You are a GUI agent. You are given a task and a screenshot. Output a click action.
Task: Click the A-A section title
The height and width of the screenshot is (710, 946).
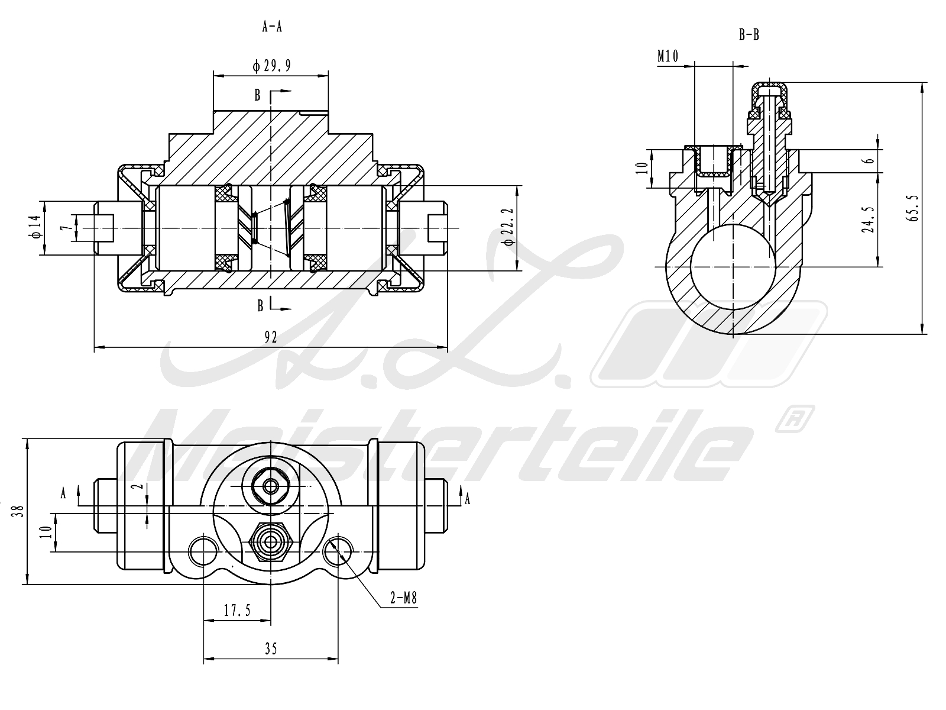271,27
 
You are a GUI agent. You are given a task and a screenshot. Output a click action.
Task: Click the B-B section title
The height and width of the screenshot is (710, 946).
749,35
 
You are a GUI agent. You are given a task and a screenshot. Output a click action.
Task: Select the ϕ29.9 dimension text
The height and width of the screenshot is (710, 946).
271,66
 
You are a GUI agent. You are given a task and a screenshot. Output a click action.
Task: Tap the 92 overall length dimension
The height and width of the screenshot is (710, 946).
271,337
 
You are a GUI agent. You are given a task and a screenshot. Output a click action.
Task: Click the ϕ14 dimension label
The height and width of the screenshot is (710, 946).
34,227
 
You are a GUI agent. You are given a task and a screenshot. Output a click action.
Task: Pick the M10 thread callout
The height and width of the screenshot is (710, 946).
668,56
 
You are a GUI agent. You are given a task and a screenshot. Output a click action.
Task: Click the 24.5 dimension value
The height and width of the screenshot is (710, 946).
867,220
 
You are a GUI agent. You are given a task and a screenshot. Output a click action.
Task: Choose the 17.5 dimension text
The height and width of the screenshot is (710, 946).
237,611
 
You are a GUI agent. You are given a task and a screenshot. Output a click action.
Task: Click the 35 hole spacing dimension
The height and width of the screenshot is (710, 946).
271,649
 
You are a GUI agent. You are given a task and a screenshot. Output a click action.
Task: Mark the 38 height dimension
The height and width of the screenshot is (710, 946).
20,511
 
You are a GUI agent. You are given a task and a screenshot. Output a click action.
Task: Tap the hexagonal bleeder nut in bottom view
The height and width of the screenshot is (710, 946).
271,541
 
